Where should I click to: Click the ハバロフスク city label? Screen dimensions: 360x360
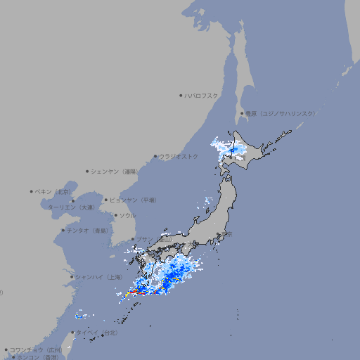click(202, 96)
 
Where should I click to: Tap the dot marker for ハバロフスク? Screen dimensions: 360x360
click(181, 96)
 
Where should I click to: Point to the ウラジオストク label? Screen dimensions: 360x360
click(179, 156)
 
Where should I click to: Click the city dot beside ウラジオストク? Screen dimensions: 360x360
click(155, 156)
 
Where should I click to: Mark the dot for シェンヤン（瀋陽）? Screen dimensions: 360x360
click(88, 171)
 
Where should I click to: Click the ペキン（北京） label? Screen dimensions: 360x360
click(54, 191)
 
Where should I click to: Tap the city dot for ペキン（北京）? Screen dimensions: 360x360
click(32, 191)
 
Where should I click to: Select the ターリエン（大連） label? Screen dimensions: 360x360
click(70, 207)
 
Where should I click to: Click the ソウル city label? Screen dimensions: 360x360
click(127, 215)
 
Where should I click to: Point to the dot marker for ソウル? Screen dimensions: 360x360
click(114, 215)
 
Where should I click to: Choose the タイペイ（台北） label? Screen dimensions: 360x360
click(97, 333)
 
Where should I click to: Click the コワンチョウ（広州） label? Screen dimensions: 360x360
click(36, 349)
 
